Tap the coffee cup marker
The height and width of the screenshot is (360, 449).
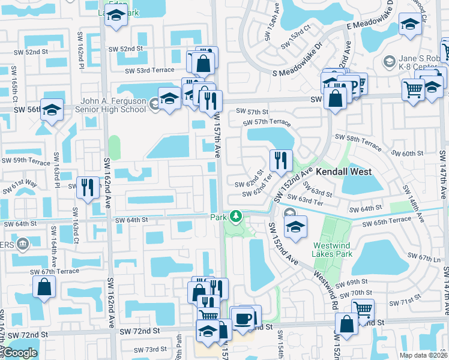pos(243,319)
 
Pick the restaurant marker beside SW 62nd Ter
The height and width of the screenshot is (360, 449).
pos(280,161)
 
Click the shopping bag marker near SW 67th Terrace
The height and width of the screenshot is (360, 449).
pos(44,287)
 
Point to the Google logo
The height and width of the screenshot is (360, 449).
pos(20,353)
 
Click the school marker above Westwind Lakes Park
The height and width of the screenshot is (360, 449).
pos(295,227)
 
